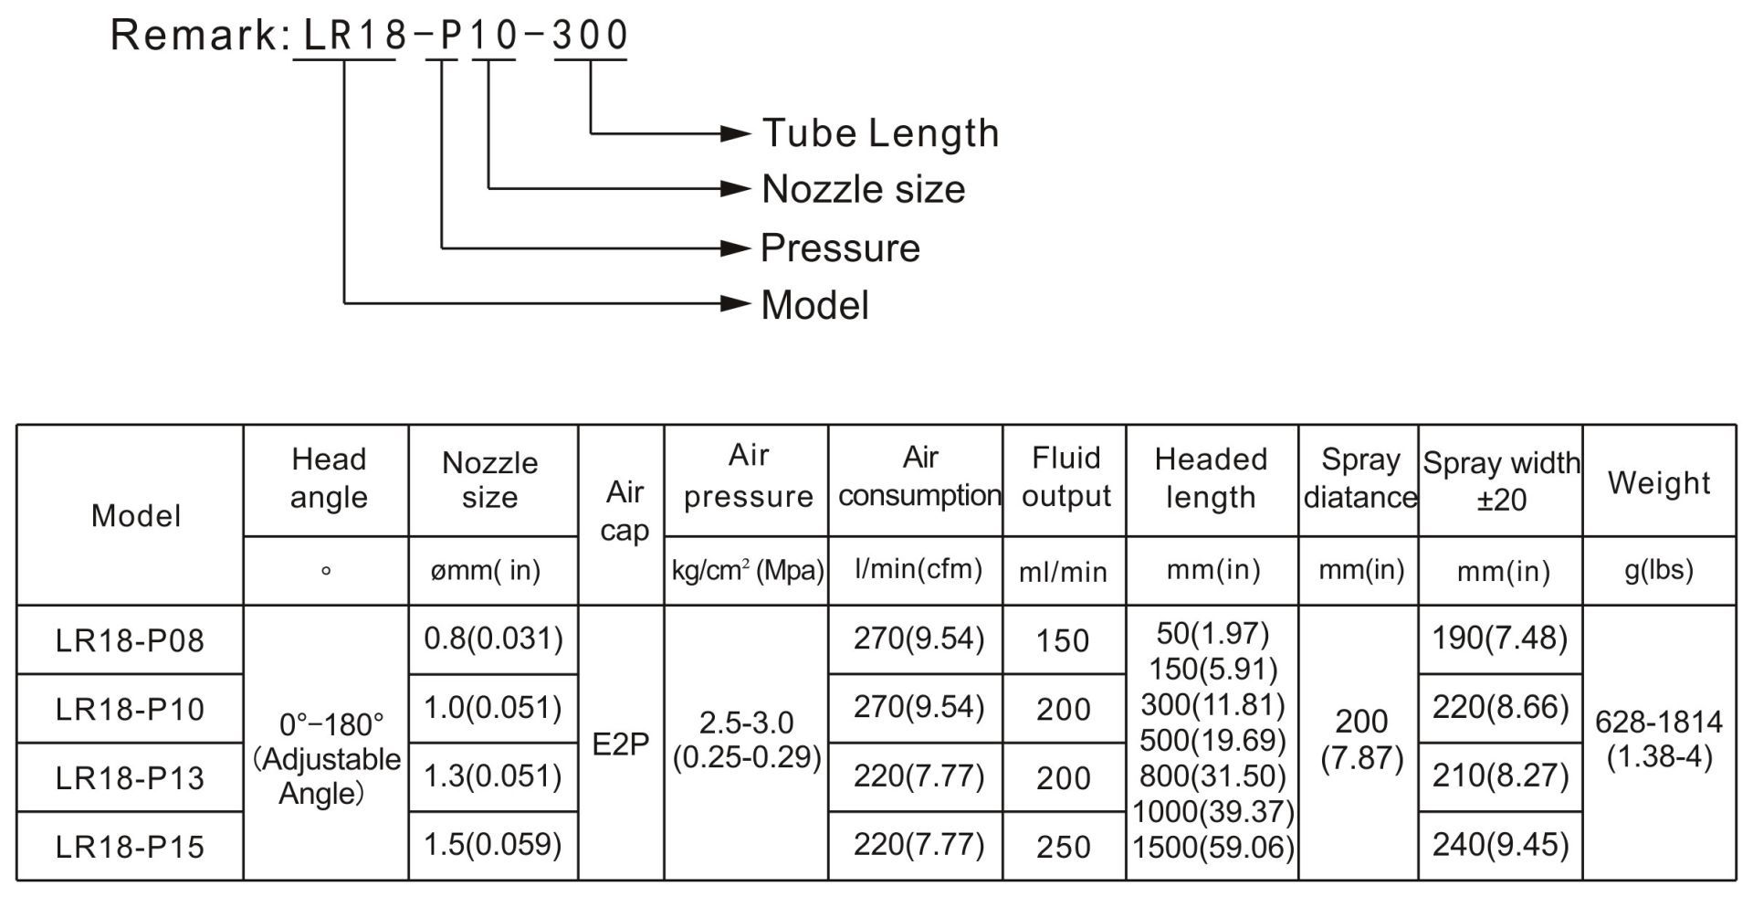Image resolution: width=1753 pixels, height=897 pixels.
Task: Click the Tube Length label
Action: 880,133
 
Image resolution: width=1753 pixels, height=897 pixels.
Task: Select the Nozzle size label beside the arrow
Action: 863,189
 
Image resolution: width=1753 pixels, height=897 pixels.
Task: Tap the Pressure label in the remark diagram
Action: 840,248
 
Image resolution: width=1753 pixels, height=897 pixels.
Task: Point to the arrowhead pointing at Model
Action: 736,303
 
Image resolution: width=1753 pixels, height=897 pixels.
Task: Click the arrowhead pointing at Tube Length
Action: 736,133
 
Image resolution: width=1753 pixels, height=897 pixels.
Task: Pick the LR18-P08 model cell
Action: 130,640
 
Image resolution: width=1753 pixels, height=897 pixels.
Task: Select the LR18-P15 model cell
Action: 130,847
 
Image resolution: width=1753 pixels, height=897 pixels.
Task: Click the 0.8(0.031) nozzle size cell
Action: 493,638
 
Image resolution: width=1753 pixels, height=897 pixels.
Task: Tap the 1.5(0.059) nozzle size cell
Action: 493,844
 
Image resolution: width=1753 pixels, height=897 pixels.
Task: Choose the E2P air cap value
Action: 621,744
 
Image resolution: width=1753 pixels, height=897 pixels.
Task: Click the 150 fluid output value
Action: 1064,640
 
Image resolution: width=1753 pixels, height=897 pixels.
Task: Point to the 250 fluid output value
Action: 1064,847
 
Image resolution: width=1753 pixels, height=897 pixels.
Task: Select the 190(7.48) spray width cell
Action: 1500,638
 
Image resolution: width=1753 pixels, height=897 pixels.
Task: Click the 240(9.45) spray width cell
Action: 1500,844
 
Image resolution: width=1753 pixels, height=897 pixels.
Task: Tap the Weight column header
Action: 1659,483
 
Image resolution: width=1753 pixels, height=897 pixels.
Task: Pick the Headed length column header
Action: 1211,478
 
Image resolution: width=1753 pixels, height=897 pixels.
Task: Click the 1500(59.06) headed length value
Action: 1213,848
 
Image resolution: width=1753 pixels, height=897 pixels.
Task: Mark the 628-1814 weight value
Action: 1659,723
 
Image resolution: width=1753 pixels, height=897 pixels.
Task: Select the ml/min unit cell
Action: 1063,572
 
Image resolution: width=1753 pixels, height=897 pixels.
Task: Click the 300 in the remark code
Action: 591,36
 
